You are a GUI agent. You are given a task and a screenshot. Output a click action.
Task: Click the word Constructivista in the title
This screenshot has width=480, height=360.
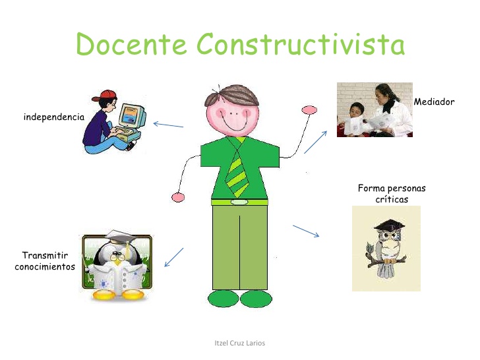(300, 44)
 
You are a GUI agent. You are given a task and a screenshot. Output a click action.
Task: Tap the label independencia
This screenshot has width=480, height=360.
(54, 117)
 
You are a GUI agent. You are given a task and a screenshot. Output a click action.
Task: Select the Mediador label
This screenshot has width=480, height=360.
(435, 102)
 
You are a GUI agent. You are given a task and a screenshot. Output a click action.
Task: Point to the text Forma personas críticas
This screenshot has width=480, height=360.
(392, 194)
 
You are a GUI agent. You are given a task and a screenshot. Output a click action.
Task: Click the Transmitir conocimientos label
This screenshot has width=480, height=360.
(45, 261)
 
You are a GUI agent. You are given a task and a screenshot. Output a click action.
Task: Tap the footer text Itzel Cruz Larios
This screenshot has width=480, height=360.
(240, 344)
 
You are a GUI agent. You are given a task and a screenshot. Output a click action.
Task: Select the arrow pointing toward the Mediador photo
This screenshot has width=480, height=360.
(316, 141)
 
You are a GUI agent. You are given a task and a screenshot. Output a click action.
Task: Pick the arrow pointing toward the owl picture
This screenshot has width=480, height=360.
(306, 231)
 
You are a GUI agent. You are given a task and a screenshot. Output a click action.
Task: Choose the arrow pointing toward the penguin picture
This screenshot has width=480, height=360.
(173, 257)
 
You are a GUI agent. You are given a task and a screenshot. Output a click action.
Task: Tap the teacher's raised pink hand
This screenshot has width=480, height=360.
(309, 109)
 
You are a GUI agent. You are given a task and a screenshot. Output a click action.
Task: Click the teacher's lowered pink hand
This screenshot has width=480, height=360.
(177, 196)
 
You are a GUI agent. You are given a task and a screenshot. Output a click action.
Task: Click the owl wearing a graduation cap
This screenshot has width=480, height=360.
(386, 247)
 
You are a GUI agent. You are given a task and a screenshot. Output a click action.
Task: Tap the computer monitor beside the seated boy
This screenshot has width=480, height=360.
(133, 117)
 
